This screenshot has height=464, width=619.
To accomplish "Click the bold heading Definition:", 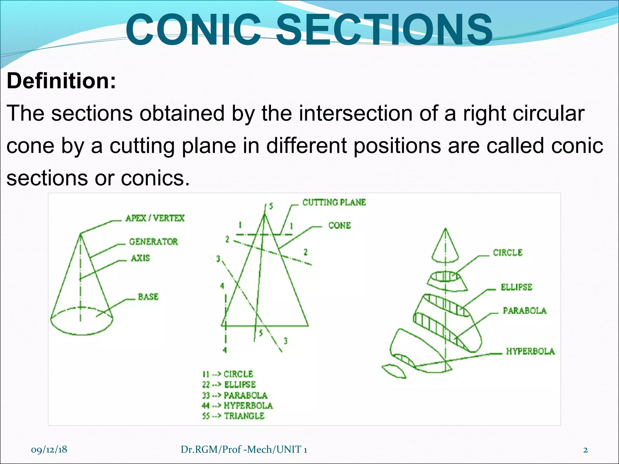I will [61, 81].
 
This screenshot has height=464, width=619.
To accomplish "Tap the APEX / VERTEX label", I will [155, 218].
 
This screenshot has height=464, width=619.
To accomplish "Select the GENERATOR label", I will [154, 242].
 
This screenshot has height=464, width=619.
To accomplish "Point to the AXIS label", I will [140, 258].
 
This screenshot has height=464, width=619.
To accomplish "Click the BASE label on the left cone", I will [148, 297].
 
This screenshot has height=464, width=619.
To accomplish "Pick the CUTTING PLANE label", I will [334, 202].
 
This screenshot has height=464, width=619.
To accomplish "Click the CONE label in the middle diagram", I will [339, 226].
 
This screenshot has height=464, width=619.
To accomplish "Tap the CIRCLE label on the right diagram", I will [507, 253].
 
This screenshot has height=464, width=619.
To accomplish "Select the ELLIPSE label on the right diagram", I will [516, 287].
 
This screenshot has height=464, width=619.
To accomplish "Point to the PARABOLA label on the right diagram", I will [524, 311].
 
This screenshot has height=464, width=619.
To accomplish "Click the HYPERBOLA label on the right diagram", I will [530, 351].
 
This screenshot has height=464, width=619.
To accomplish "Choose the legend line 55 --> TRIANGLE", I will [233, 416].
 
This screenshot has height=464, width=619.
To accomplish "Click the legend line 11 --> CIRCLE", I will [228, 374].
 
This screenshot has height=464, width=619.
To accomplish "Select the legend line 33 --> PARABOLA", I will [235, 395].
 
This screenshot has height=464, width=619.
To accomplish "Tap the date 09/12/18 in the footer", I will [49, 449].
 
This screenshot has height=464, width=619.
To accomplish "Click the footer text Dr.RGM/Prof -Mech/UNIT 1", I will [244, 449].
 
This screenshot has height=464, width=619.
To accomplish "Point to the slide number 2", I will [585, 450].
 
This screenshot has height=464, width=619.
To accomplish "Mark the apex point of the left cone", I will [80, 234].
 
